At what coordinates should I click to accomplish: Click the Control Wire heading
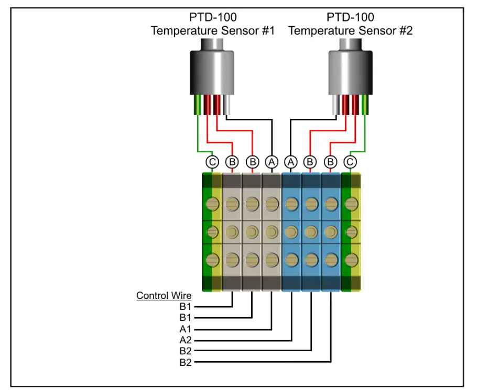pos(164,296)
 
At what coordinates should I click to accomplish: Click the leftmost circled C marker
pos(212,162)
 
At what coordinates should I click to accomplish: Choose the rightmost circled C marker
pos(351,162)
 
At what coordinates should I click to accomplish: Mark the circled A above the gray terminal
pos(271,162)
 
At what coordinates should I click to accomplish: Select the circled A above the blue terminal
pos(291,162)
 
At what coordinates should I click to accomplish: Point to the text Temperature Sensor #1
pos(212,31)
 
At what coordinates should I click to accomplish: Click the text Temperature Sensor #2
pos(350,31)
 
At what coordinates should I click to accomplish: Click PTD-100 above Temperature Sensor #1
pos(212,18)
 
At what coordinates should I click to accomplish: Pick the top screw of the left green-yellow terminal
pos(212,203)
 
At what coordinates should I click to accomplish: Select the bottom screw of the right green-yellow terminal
pos(351,259)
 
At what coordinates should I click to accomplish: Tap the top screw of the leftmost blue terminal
pos(291,203)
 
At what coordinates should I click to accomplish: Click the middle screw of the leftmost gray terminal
pos(232,231)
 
